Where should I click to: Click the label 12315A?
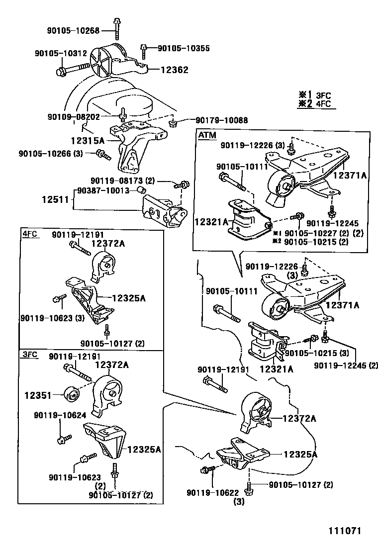87,141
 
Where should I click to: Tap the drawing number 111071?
344,531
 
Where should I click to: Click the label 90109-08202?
74,117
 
